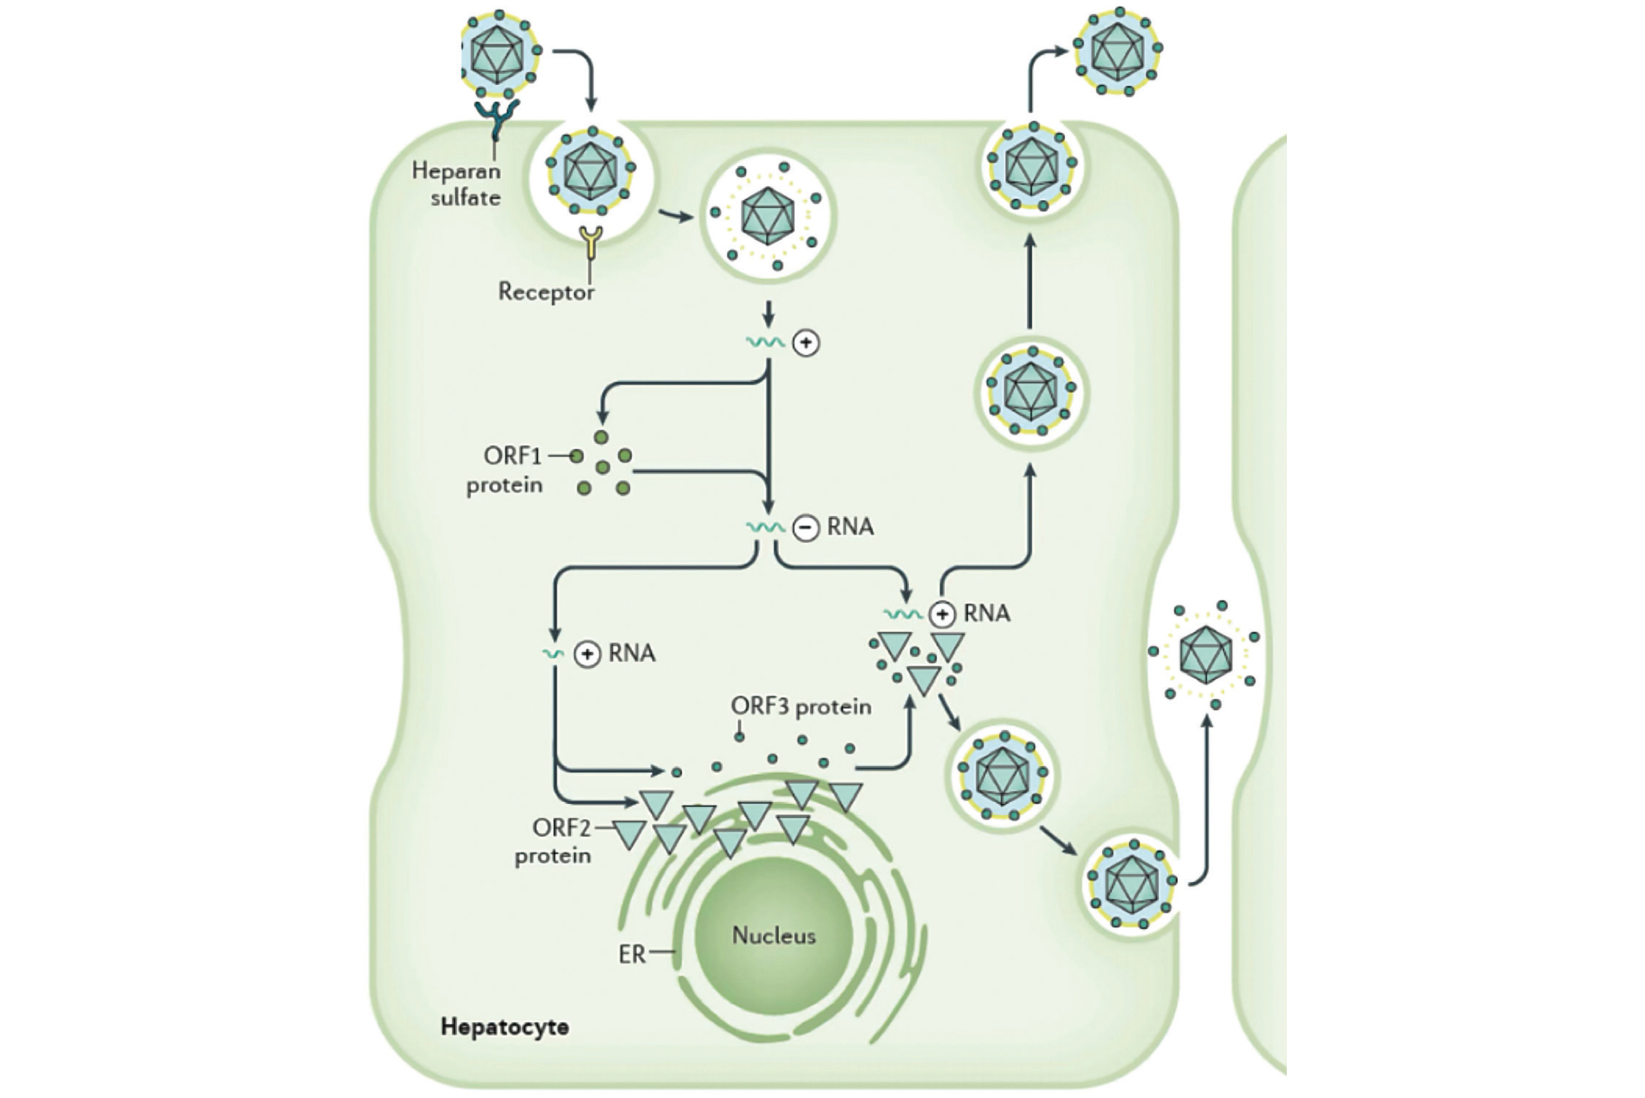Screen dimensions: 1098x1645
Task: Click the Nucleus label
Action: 773,935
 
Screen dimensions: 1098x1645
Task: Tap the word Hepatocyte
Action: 504,1027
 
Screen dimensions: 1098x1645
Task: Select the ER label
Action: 632,954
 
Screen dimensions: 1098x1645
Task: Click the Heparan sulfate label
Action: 457,184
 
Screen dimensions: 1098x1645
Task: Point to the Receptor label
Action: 546,292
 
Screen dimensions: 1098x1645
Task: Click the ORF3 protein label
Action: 801,706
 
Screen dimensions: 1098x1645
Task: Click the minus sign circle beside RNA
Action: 806,528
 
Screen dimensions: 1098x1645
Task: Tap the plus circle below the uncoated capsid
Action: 806,343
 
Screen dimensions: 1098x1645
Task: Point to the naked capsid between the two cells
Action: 1206,653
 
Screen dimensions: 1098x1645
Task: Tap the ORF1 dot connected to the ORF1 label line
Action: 576,456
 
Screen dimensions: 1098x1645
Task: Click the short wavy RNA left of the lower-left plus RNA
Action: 554,654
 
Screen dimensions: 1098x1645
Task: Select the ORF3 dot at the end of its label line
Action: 739,737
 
